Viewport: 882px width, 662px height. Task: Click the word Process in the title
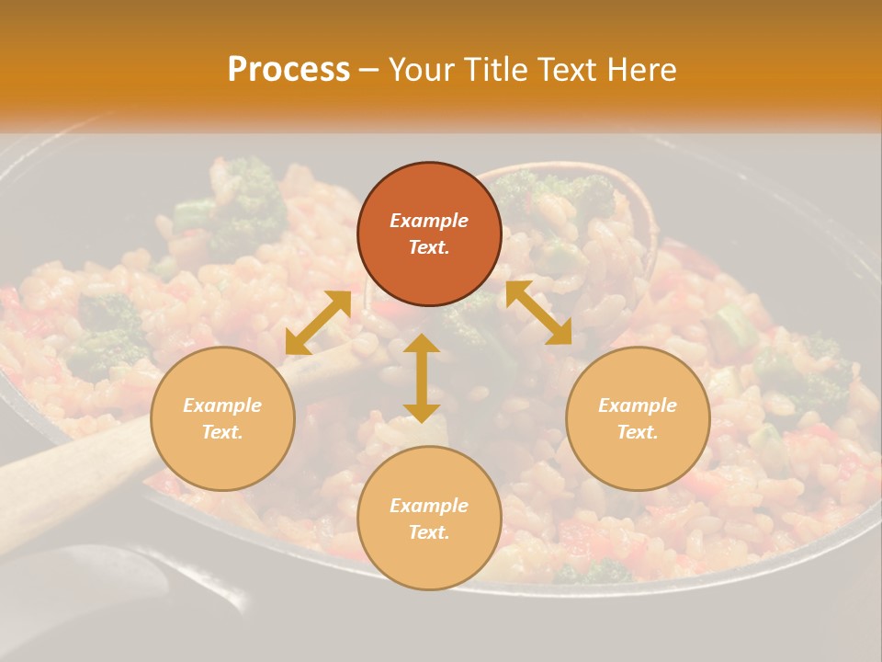(288, 70)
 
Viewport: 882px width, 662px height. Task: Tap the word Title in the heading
(495, 70)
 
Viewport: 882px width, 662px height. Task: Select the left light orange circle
(222, 418)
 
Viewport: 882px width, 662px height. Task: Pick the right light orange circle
(638, 418)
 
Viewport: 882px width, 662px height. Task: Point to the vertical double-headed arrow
(422, 378)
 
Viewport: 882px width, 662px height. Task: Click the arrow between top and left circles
(318, 323)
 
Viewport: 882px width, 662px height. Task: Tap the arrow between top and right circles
(538, 313)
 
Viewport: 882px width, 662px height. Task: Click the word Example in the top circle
(429, 221)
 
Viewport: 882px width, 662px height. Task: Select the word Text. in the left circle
(222, 432)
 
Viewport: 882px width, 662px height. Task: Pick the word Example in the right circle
(638, 405)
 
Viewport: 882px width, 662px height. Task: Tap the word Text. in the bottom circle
(429, 532)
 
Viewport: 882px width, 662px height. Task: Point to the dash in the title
(368, 71)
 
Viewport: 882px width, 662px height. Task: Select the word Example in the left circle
(222, 405)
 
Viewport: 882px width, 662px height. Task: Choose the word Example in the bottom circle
(429, 506)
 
